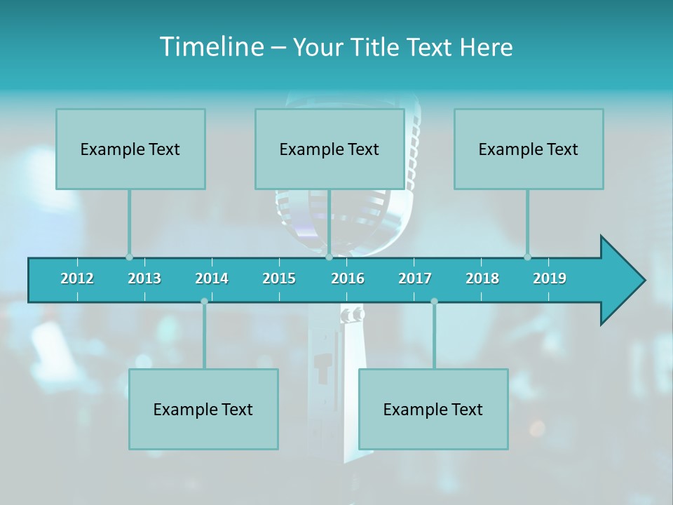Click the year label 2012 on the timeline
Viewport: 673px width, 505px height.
77,278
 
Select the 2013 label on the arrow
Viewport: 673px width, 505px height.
144,278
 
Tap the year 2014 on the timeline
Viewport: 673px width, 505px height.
212,278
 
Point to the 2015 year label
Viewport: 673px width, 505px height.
279,278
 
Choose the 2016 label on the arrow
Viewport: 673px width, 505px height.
348,278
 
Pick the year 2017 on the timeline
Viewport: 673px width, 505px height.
415,278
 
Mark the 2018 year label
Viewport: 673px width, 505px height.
482,278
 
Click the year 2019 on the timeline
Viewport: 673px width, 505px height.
550,278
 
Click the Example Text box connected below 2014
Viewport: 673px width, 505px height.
203,409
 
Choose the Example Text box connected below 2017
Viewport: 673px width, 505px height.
433,409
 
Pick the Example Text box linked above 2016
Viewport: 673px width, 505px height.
329,149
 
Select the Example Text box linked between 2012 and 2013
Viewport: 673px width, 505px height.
130,149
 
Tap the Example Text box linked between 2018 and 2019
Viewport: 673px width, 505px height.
529,149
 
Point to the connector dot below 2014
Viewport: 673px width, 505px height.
204,302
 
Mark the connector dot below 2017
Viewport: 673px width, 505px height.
434,302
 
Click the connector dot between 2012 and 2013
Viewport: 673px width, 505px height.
129,257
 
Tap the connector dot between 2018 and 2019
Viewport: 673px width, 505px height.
527,257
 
